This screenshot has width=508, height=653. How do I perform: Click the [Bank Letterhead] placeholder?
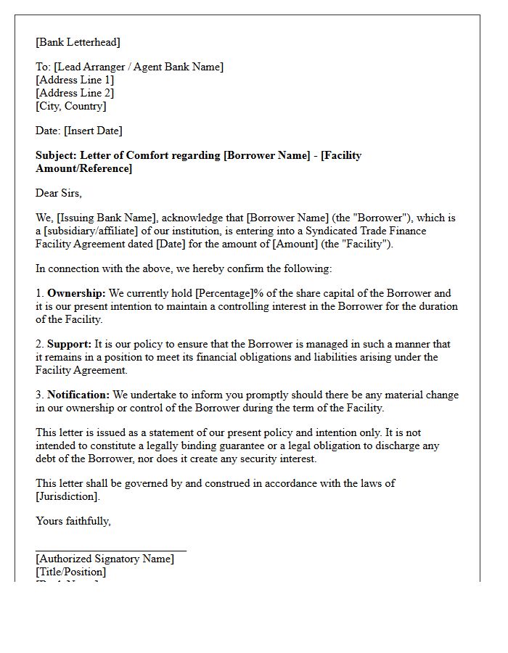point(78,42)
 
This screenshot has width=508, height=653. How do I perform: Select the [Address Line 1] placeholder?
point(75,80)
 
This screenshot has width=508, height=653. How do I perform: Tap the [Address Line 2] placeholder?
point(75,93)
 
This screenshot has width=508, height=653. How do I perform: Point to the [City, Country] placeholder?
point(71,106)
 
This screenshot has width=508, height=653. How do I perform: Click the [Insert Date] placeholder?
point(93,131)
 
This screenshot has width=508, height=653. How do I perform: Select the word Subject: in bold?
point(57,155)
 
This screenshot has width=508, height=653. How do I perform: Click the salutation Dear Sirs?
point(59,193)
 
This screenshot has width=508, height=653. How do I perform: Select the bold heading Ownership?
point(76,293)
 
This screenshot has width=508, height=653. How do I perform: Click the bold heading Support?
point(70,344)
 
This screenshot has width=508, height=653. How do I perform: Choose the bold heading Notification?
point(78,395)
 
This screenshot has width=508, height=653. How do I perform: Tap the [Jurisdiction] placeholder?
point(67,496)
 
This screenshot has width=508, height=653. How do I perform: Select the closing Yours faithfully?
point(73,521)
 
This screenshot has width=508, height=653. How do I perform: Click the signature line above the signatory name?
point(111,551)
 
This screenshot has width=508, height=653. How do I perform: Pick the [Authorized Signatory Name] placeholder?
point(105,559)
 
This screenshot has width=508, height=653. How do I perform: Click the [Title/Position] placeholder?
point(70,572)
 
